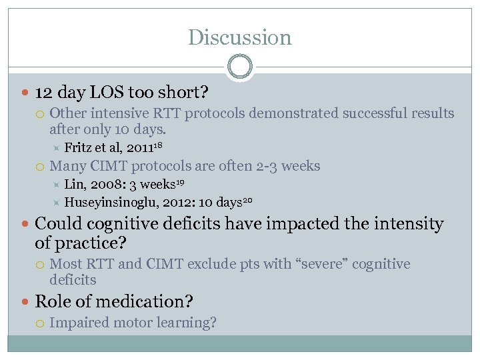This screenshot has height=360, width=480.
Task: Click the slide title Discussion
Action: tap(240, 37)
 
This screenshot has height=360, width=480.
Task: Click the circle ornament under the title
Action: tap(240, 67)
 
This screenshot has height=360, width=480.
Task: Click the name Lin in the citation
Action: tap(73, 184)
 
